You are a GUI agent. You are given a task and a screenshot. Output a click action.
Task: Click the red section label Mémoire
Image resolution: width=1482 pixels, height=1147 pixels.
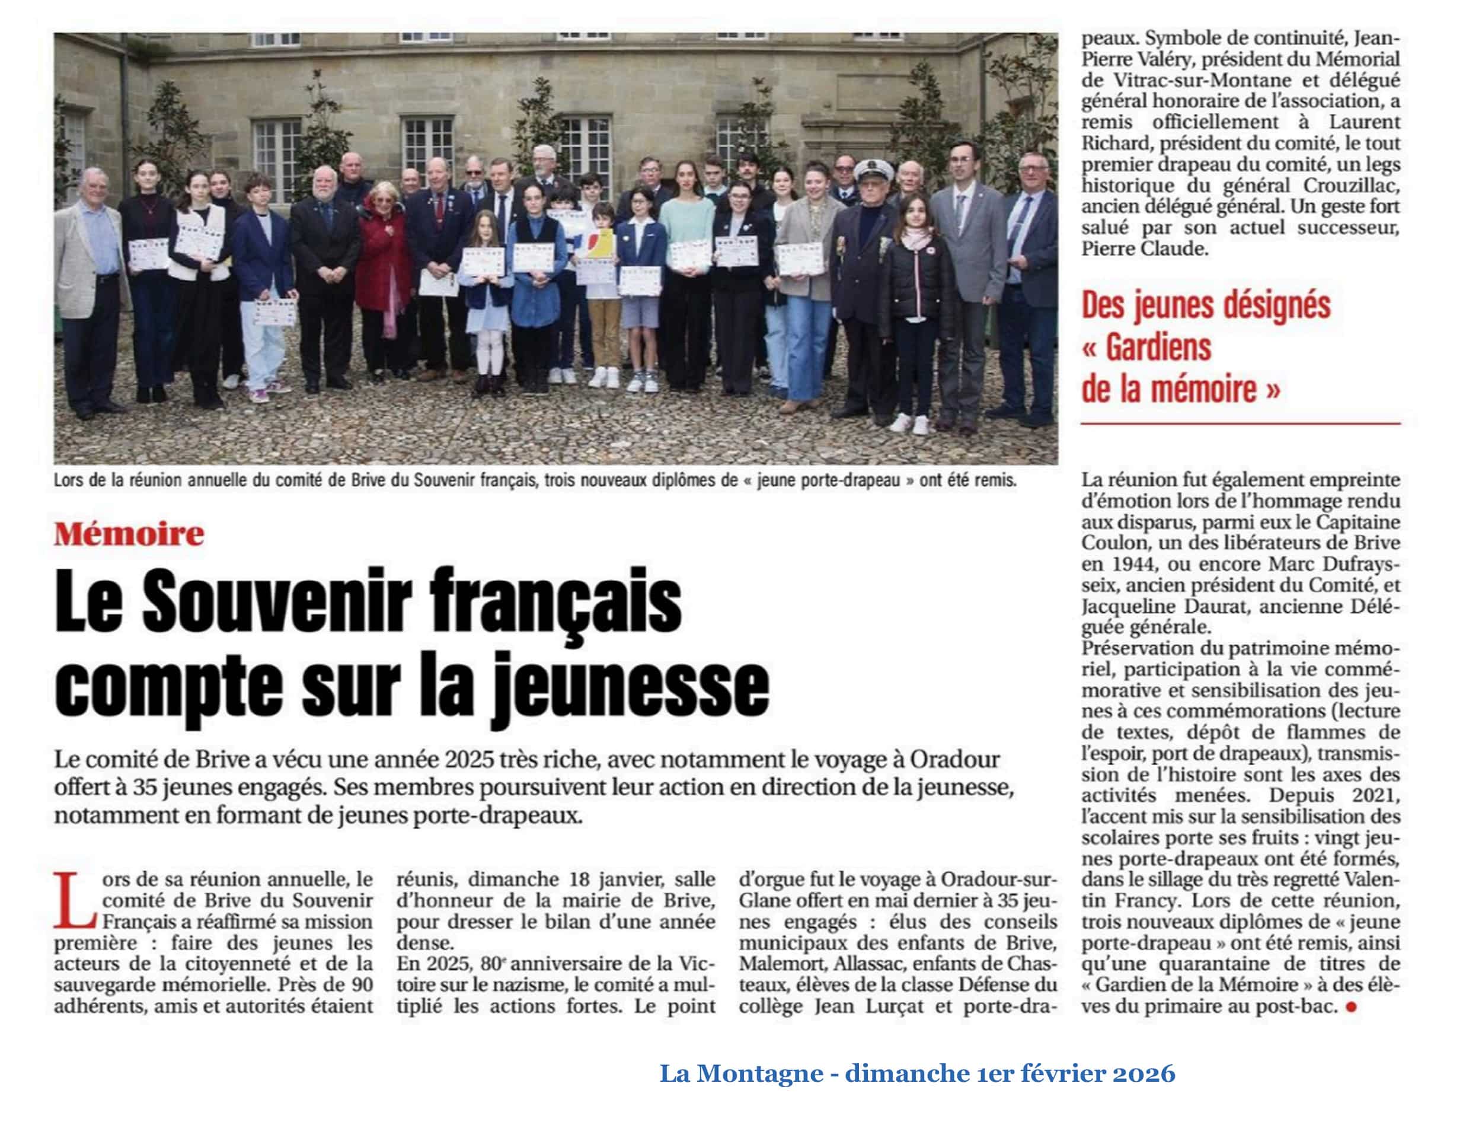click(x=129, y=535)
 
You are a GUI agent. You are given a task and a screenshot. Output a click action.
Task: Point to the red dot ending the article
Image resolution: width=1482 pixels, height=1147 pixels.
click(x=1350, y=1007)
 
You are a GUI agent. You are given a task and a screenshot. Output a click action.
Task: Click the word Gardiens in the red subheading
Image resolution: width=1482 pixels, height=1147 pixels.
click(x=1158, y=348)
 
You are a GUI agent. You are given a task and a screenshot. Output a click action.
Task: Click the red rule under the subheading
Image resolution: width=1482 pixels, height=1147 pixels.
click(x=1240, y=423)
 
